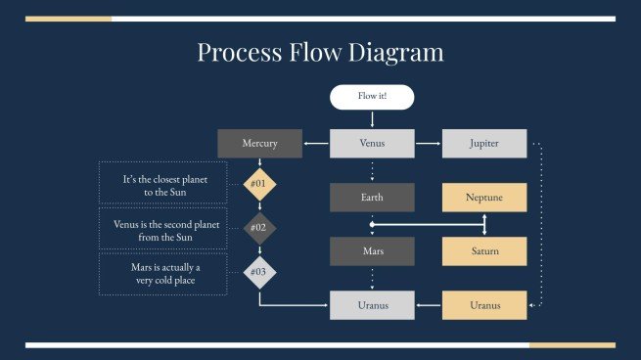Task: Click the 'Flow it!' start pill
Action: [372, 97]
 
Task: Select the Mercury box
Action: [259, 144]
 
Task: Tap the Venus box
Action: [372, 144]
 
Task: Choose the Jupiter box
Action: [484, 144]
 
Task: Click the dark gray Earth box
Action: [372, 198]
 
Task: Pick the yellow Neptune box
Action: [484, 198]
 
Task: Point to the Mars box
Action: [372, 251]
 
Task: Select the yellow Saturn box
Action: [484, 251]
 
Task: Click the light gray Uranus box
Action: [372, 305]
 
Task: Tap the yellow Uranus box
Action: [484, 305]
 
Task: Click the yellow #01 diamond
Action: [258, 183]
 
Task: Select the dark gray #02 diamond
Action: [258, 227]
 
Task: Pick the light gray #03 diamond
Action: [258, 272]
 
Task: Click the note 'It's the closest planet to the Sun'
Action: [162, 186]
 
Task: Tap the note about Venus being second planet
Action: [162, 230]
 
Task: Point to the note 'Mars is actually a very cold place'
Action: [162, 274]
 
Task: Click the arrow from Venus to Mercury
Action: [316, 144]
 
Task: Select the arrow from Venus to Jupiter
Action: [429, 144]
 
